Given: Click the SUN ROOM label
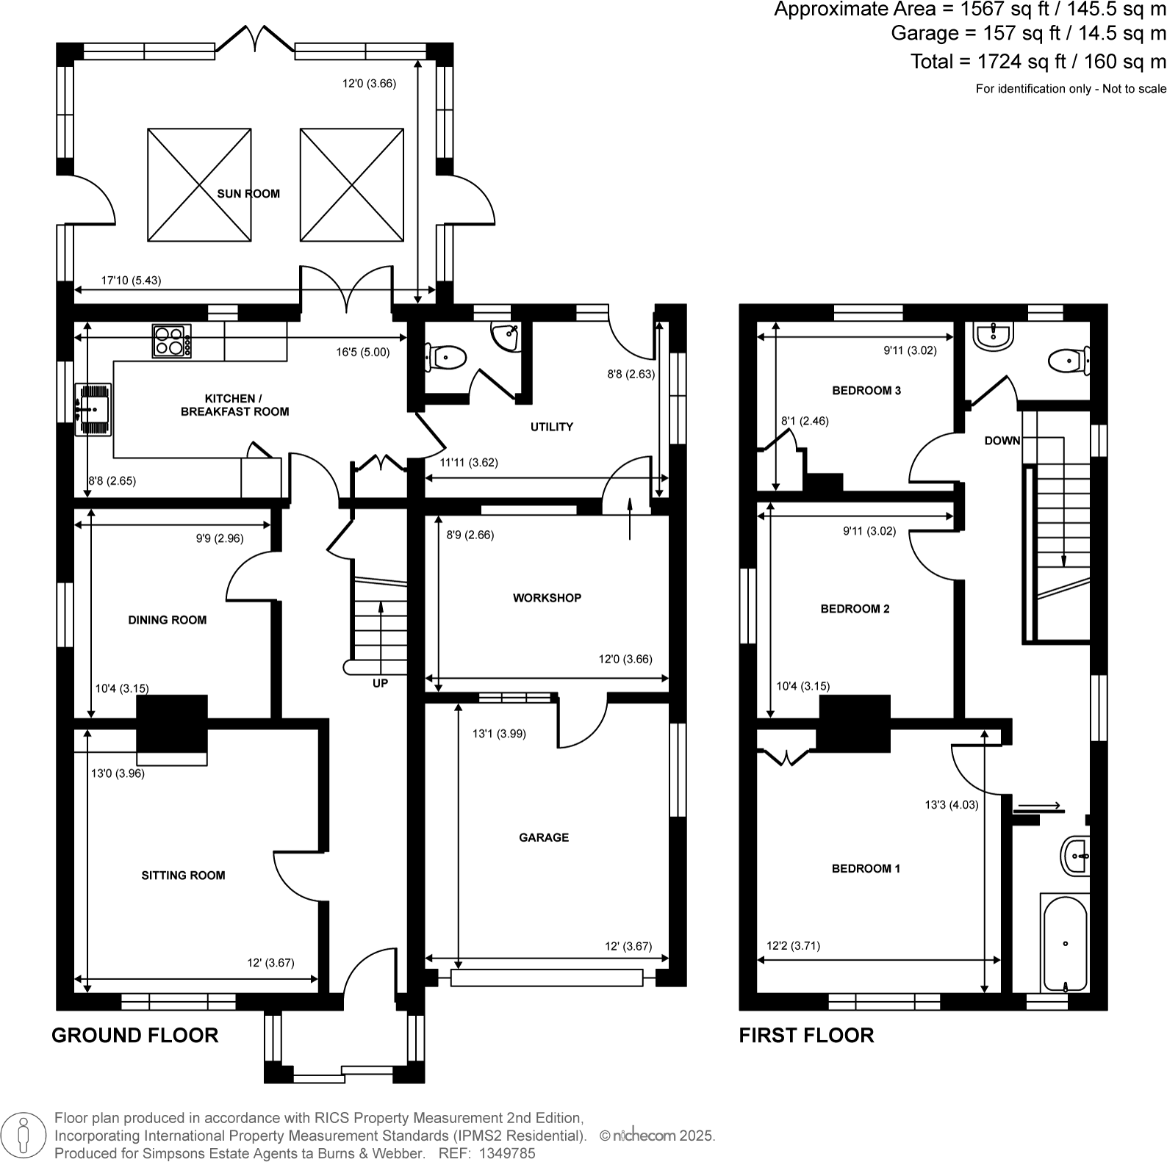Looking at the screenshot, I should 248,194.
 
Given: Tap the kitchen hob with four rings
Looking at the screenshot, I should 171,342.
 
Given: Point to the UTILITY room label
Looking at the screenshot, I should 551,427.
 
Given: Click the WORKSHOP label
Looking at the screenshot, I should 547,598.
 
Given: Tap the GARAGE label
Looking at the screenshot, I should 544,837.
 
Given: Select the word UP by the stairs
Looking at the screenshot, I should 380,683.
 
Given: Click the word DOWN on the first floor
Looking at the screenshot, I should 1002,441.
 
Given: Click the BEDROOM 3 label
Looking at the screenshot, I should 866,391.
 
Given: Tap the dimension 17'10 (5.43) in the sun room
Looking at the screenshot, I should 131,280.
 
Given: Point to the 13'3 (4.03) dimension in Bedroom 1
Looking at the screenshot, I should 951,804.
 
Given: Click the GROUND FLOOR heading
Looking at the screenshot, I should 135,1036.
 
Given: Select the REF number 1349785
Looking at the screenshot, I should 507,1153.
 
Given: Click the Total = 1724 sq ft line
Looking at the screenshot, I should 1038,62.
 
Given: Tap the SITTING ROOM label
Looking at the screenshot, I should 183,876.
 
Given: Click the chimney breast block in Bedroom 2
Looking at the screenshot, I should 855,723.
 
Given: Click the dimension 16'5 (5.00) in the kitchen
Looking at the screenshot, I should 362,352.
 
